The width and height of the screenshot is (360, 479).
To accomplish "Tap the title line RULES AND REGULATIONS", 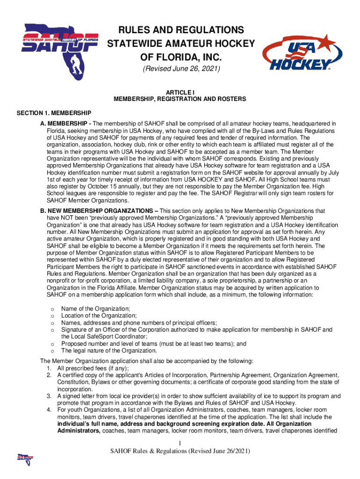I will pyautogui.click(x=181, y=30).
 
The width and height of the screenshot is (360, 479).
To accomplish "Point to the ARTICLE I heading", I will pyautogui.click(x=180, y=93).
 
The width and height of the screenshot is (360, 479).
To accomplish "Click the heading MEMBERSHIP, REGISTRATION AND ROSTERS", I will pyautogui.click(x=180, y=100).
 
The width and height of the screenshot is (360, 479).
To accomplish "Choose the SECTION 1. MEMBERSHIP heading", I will pyautogui.click(x=54, y=113).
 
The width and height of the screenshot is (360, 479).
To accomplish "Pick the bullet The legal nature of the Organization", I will pyautogui.click(x=109, y=350).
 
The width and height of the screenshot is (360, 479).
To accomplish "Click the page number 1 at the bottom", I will pyautogui.click(x=180, y=443).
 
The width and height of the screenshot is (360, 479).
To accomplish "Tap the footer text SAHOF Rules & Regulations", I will pyautogui.click(x=180, y=451).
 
